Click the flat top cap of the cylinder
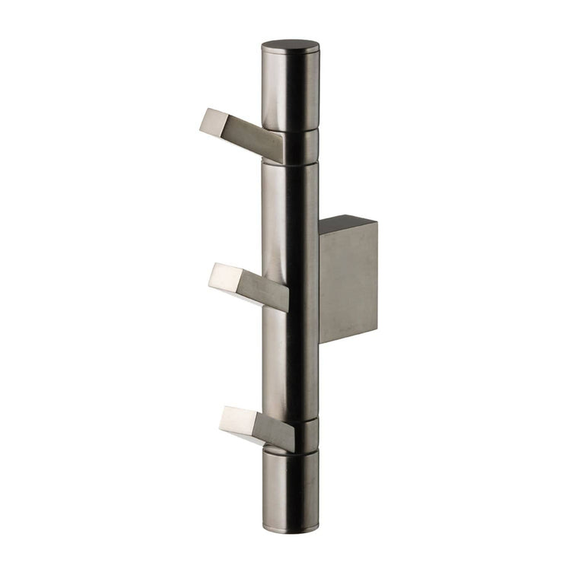pos(291,46)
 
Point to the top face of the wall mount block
pos(347,224)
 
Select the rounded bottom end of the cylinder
pos(291,525)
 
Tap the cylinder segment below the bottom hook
pos(291,487)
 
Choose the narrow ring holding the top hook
pos(300,147)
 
